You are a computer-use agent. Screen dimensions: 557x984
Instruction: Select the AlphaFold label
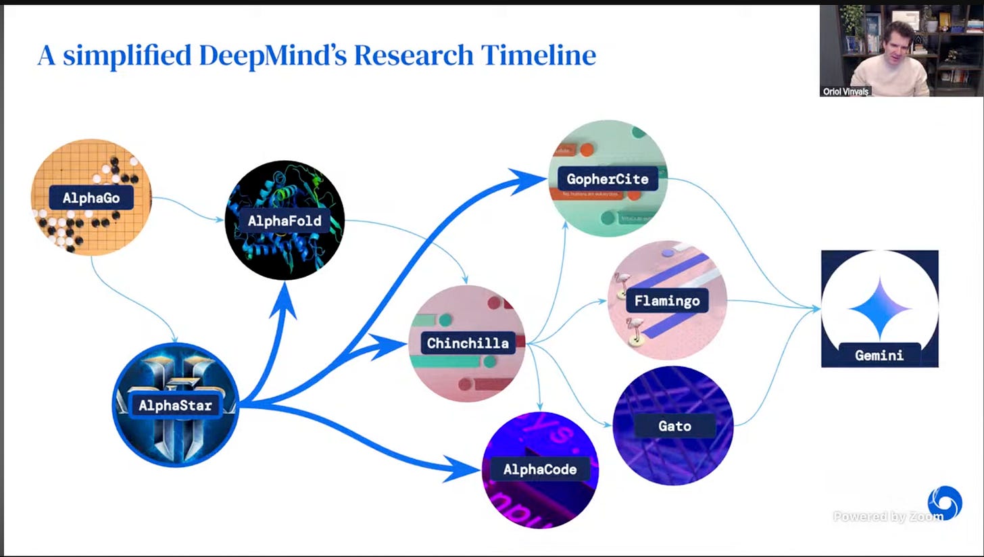[285, 220]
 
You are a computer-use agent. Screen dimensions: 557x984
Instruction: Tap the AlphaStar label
[176, 406]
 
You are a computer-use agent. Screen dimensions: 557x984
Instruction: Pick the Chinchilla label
[468, 343]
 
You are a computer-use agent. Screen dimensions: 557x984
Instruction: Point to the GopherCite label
[608, 179]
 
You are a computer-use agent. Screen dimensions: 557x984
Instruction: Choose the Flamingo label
[667, 300]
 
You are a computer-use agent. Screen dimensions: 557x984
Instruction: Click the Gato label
[674, 426]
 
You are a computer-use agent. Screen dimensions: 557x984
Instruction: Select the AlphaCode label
[539, 469]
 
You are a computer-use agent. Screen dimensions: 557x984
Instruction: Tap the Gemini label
[879, 355]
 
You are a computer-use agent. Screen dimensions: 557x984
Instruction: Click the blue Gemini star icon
[879, 308]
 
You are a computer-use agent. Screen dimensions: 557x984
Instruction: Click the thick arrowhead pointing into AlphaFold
[285, 297]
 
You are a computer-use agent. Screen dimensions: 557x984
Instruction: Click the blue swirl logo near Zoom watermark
[944, 503]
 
